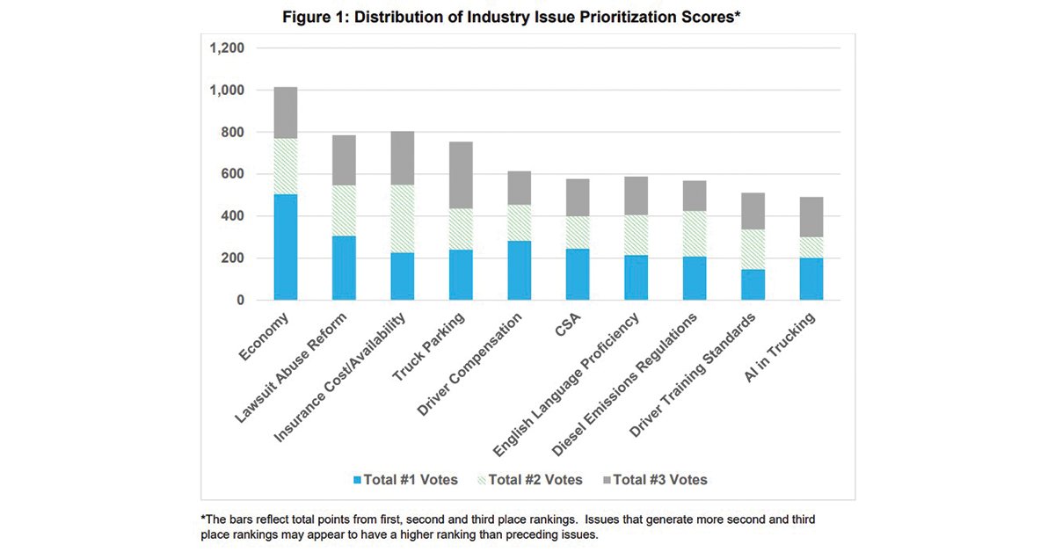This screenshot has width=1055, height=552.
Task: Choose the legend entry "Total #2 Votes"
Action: click(534, 480)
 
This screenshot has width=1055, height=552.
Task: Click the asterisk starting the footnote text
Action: click(204, 519)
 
